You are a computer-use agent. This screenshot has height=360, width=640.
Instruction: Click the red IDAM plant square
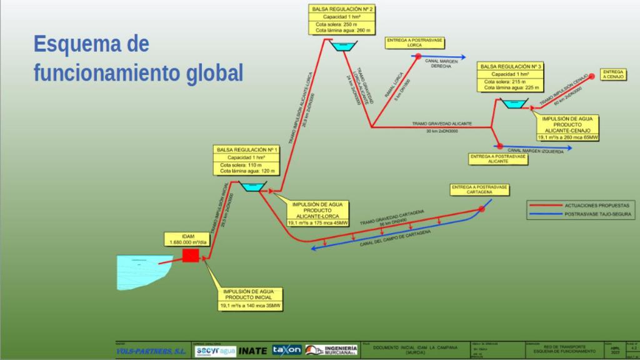pos(190,255)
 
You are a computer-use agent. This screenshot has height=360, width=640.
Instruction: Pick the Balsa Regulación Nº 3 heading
pos(509,66)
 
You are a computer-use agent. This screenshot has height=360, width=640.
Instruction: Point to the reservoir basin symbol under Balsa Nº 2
pos(342,47)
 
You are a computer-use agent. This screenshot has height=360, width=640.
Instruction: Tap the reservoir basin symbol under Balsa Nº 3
pos(514,105)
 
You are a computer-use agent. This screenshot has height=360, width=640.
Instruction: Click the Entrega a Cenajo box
pos(613,74)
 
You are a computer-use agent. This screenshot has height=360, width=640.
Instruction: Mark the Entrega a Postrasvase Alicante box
pos(497,158)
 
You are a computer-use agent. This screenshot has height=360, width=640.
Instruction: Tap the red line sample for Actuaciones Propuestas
pos(545,205)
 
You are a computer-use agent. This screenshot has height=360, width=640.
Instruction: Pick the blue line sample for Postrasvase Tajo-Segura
pos(545,214)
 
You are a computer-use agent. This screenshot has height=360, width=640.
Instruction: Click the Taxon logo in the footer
pos(287,349)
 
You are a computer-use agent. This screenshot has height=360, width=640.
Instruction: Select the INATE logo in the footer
pos(252,350)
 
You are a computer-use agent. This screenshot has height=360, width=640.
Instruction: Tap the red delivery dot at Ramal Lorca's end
pos(418,56)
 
